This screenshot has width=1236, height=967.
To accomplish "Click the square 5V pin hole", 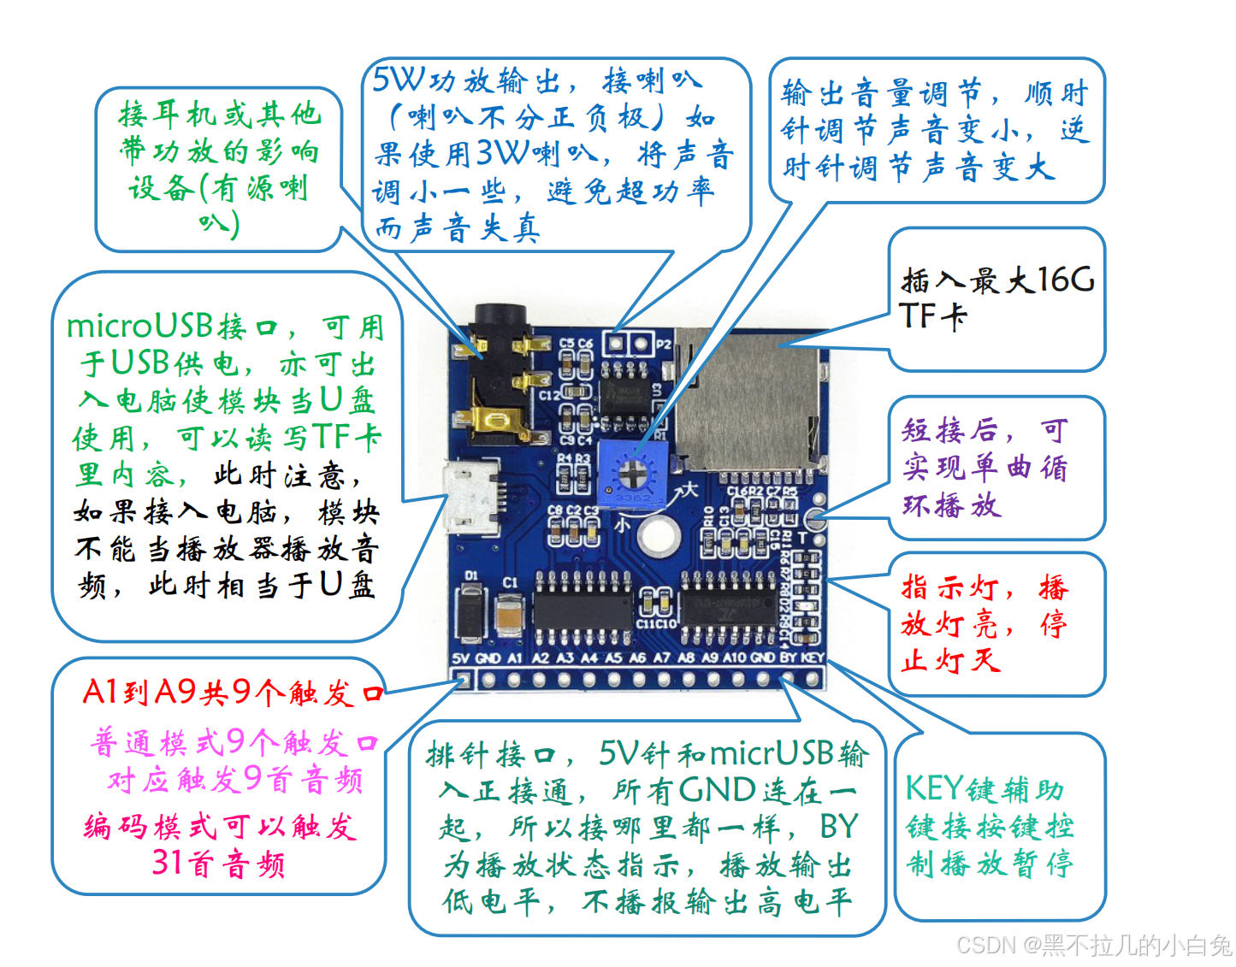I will tap(462, 680).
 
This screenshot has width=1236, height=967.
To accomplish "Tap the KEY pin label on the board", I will tap(813, 657).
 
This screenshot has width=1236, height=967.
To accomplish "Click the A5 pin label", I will tap(613, 657).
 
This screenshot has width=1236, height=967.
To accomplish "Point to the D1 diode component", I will tap(470, 609).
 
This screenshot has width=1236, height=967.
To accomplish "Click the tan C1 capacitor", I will tap(510, 615).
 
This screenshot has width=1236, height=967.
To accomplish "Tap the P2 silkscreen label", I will tap(665, 345).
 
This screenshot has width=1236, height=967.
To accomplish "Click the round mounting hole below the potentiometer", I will tap(657, 536).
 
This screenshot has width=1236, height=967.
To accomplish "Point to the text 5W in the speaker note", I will tap(399, 80).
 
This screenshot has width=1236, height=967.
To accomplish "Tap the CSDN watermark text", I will tap(986, 945).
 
